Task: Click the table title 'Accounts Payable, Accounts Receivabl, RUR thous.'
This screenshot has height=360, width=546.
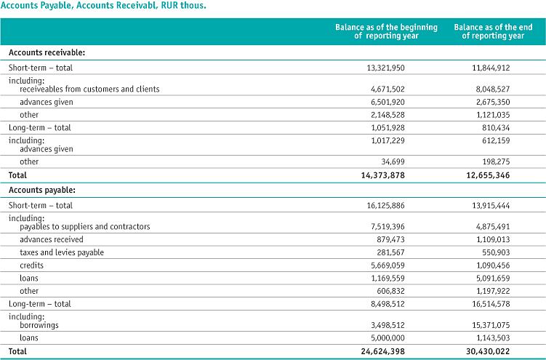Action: (x=103, y=6)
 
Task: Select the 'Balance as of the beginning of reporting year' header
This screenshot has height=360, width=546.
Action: (x=386, y=31)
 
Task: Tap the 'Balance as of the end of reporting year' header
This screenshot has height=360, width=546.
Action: (x=493, y=31)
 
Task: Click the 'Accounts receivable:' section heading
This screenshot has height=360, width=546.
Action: (x=47, y=52)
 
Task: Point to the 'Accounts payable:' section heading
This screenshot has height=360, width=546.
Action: (x=42, y=190)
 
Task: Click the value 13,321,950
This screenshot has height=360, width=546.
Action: (x=386, y=68)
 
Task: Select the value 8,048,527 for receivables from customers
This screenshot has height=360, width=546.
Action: (x=493, y=89)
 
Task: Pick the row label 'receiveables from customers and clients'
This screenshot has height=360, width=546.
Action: (x=89, y=89)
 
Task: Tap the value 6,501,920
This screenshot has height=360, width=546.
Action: (x=388, y=102)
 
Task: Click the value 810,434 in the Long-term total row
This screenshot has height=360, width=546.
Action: (x=496, y=128)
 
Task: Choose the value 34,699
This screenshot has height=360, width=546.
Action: (x=393, y=161)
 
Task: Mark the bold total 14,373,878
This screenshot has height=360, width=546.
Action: (x=383, y=175)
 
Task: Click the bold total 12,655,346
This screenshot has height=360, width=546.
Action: (x=488, y=175)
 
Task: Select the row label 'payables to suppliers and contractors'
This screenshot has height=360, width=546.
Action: (x=85, y=227)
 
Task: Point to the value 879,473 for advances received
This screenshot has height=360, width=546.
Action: (x=391, y=239)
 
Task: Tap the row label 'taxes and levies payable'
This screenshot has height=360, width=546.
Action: (x=62, y=252)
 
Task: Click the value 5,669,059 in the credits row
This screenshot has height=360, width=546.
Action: (x=388, y=265)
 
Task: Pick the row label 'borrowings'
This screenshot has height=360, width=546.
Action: (x=39, y=325)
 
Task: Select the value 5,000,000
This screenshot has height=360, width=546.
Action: (x=388, y=337)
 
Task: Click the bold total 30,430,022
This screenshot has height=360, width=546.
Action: (x=488, y=351)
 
